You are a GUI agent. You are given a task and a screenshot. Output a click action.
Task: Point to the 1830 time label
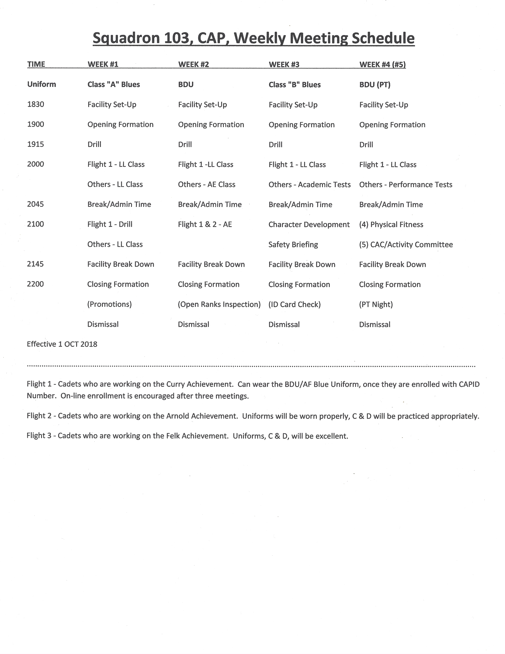[x=36, y=105]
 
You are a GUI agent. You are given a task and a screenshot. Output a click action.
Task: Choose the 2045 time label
[x=35, y=204]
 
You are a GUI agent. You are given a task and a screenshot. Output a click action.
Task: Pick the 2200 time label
[x=35, y=284]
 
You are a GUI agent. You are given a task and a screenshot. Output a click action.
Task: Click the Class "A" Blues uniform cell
[x=114, y=84]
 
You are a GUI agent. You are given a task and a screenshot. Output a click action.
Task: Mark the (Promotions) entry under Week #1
[x=110, y=304]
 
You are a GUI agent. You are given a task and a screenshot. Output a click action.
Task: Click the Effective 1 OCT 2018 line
[x=62, y=344]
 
